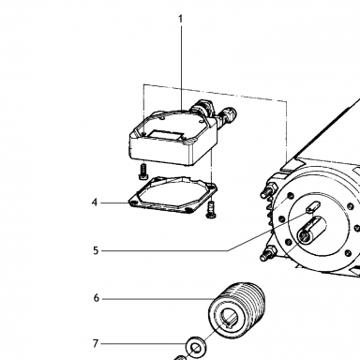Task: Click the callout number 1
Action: click(x=180, y=19)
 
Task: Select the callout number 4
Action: click(x=95, y=202)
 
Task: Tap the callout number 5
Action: click(x=96, y=250)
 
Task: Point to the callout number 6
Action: click(x=97, y=298)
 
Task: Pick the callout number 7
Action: click(x=96, y=344)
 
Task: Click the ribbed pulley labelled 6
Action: click(x=237, y=310)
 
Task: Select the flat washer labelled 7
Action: click(x=195, y=347)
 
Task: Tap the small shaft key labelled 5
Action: click(x=313, y=207)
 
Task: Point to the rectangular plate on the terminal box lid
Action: click(x=165, y=136)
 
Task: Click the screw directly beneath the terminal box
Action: click(x=143, y=172)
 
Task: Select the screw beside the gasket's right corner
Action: click(x=211, y=210)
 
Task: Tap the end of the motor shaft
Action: click(x=303, y=235)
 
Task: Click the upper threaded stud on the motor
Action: click(x=269, y=190)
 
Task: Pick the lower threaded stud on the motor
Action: click(x=268, y=253)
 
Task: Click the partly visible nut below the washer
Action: click(x=180, y=357)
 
